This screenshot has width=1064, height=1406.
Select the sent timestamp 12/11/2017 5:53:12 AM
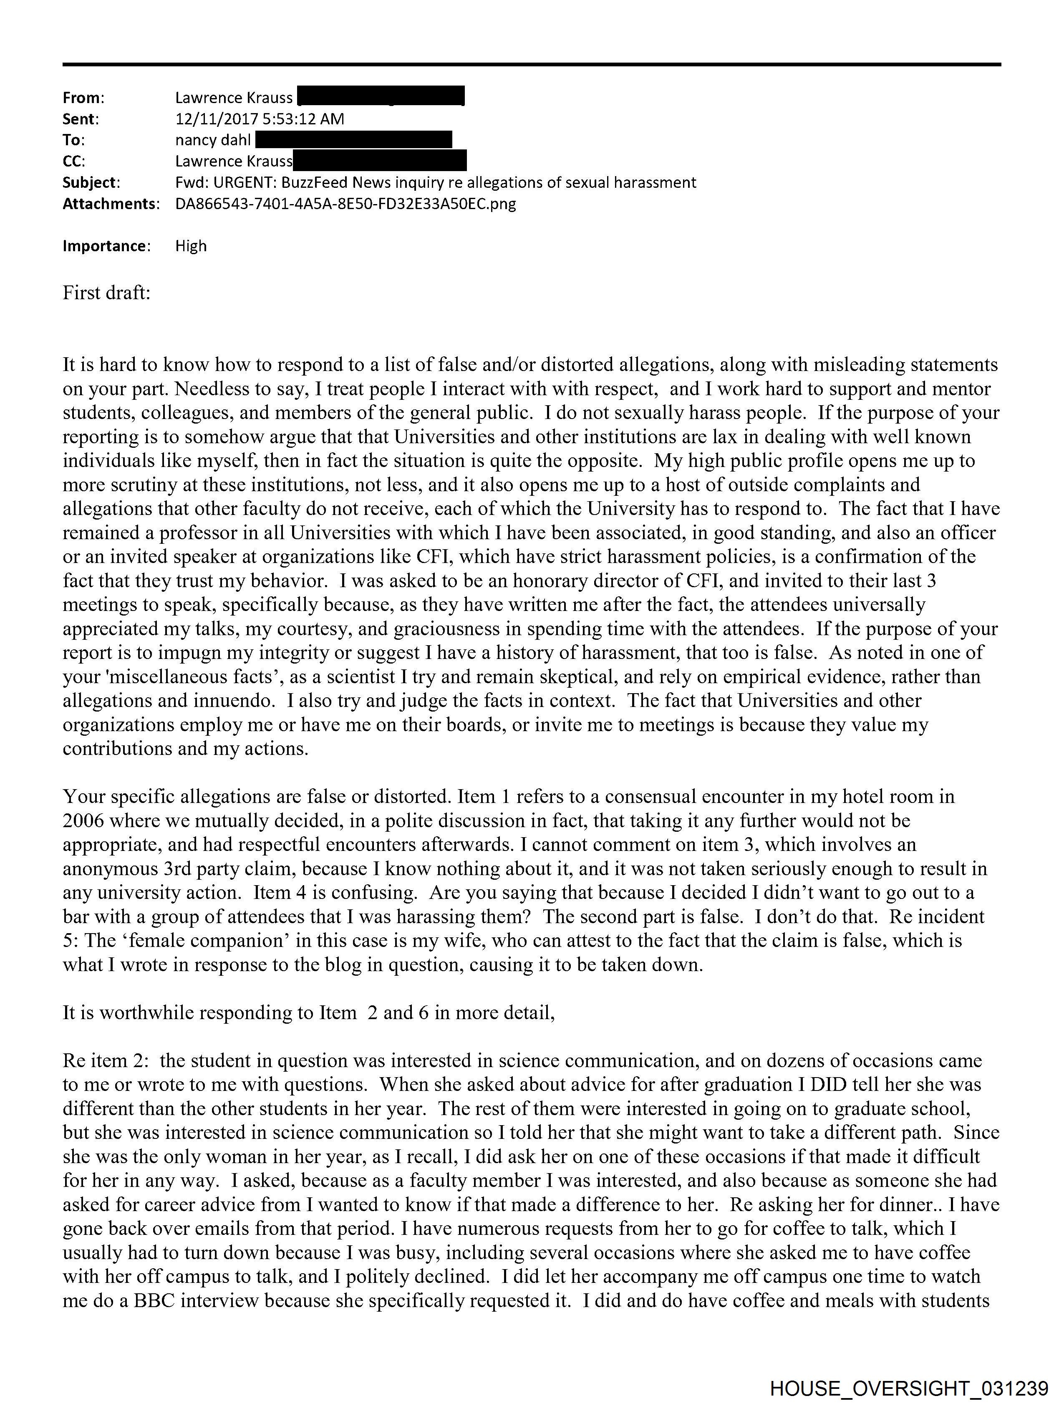click(260, 119)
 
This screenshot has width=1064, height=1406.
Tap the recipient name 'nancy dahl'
click(213, 140)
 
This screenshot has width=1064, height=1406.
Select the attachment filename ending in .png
click(345, 204)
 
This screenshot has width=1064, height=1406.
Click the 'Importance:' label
click(106, 246)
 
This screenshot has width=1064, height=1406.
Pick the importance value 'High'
click(191, 246)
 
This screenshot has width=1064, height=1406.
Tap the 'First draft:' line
click(106, 293)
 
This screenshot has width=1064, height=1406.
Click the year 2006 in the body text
click(83, 820)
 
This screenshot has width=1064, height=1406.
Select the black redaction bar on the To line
click(353, 140)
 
